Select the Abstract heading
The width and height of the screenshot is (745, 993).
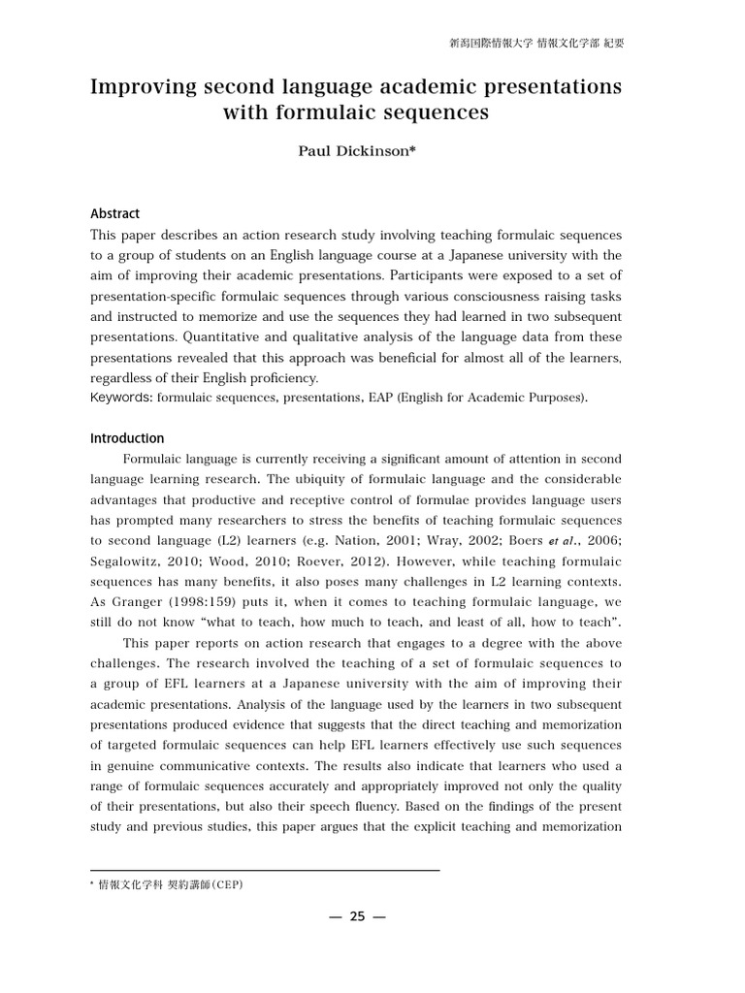pyautogui.click(x=114, y=213)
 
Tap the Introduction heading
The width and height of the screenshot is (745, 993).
pyautogui.click(x=127, y=438)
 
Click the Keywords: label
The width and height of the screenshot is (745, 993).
pyautogui.click(x=121, y=398)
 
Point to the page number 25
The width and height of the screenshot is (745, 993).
pyautogui.click(x=356, y=916)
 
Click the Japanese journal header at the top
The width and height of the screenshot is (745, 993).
pyautogui.click(x=536, y=44)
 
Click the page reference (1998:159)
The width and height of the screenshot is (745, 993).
pyautogui.click(x=204, y=602)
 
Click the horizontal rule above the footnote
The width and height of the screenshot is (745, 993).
pyautogui.click(x=265, y=870)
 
